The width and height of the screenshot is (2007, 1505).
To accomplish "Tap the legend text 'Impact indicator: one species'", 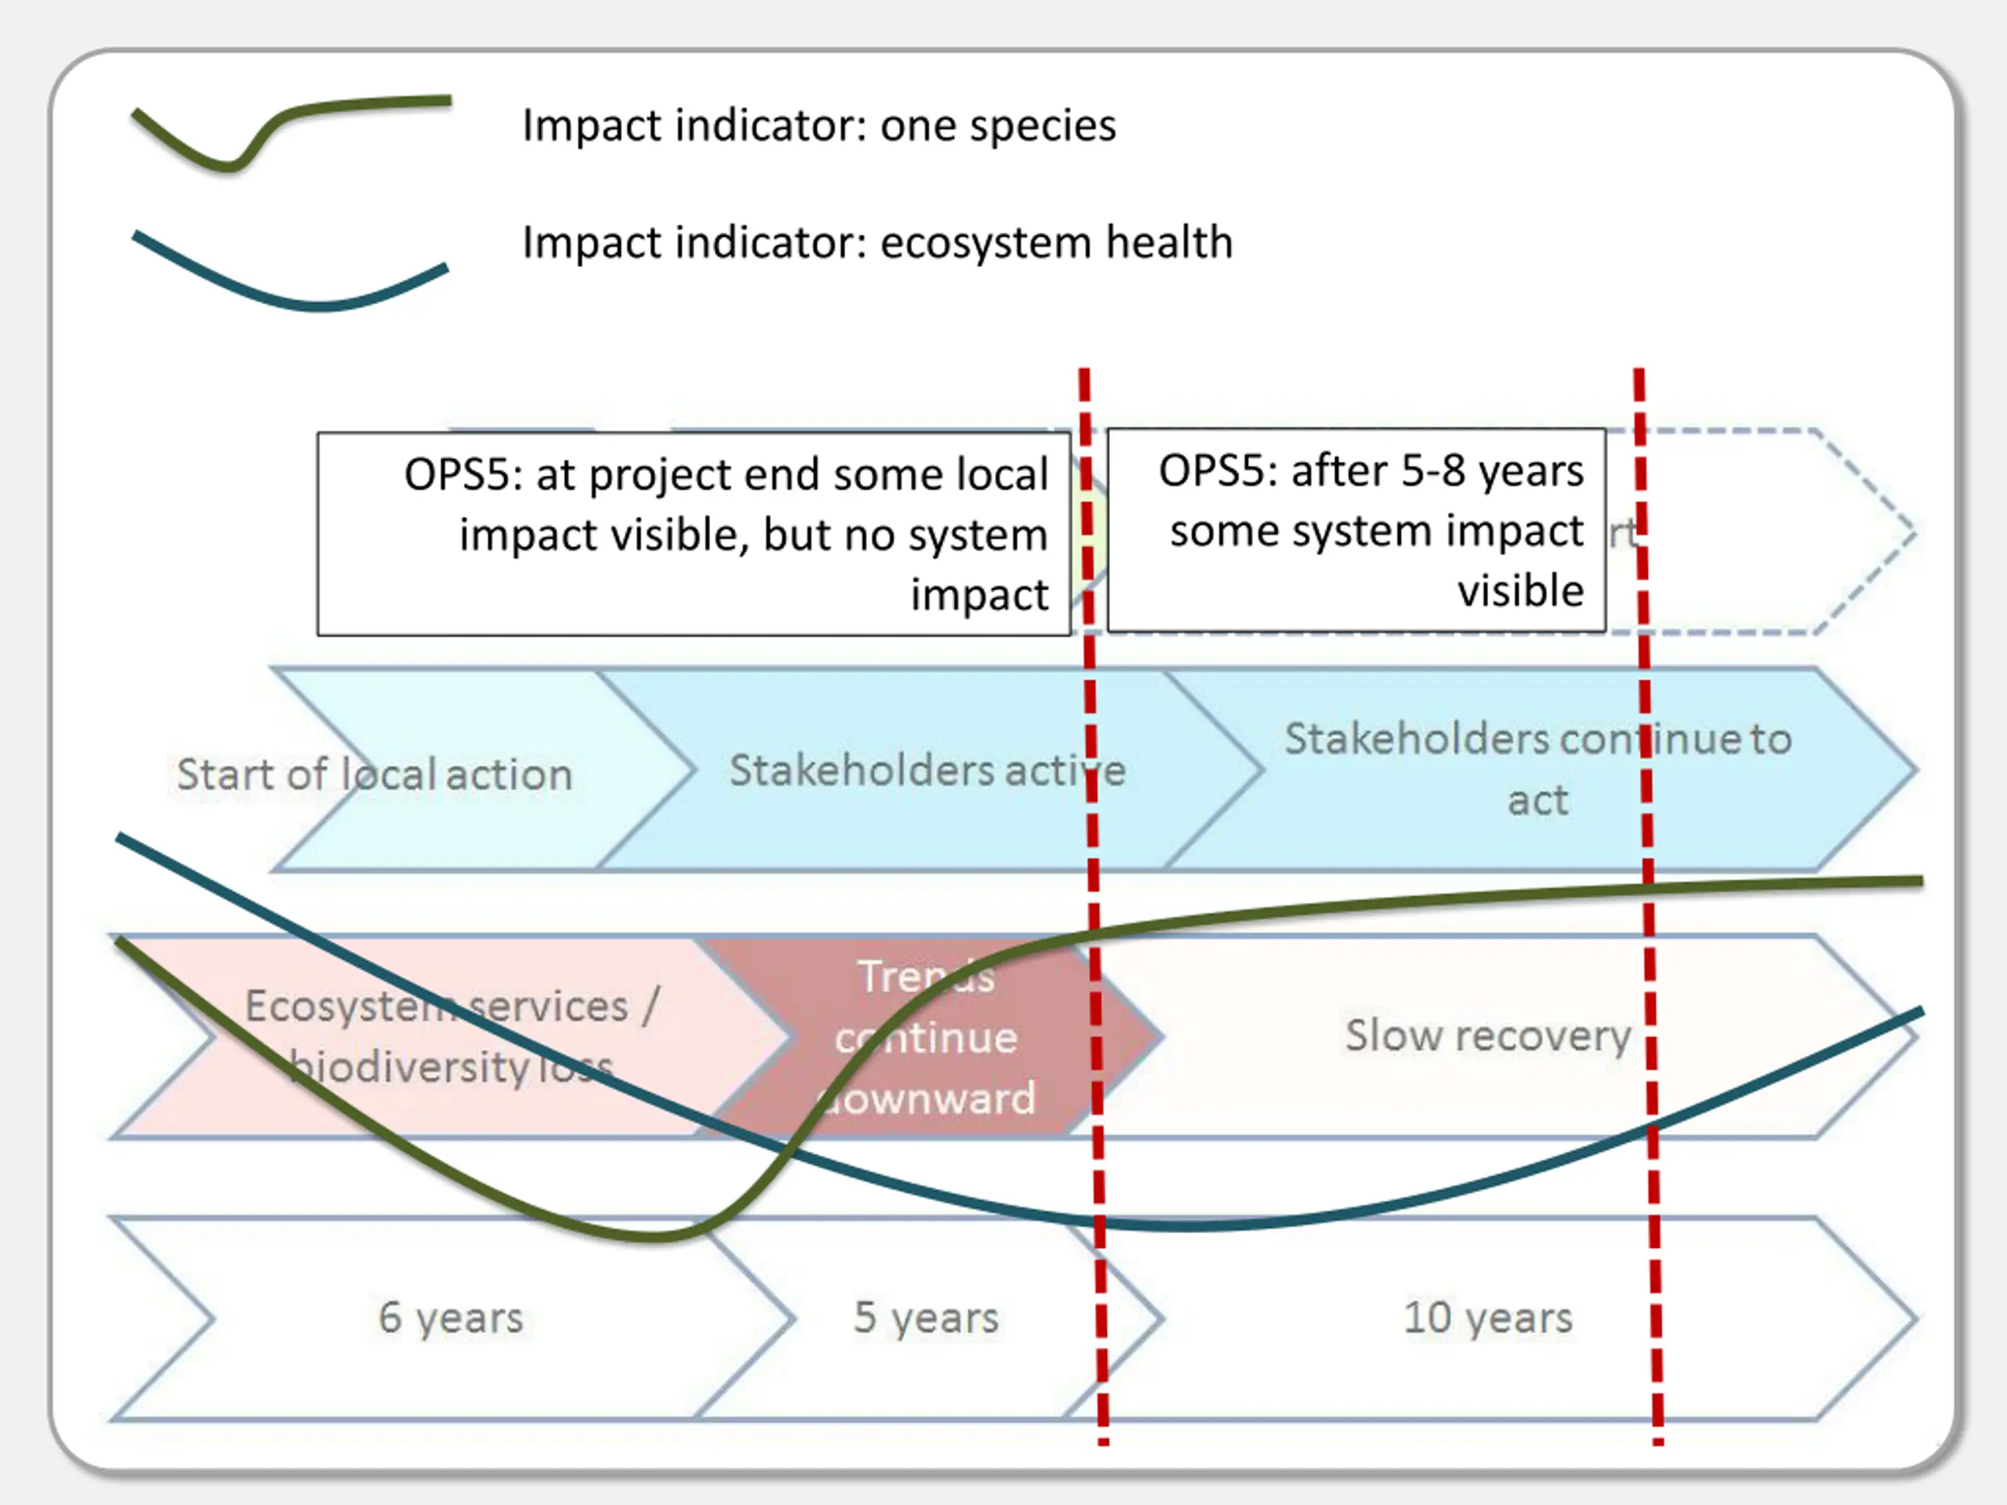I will click(818, 125).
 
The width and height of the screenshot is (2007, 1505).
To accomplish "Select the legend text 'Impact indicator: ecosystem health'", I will click(876, 242).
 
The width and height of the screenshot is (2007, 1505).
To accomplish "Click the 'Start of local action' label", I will click(375, 774).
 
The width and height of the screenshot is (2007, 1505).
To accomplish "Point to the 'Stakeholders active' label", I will click(927, 771).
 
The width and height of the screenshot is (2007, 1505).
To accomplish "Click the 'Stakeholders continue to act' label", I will click(1537, 768).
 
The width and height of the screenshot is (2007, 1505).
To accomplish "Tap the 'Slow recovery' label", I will click(1487, 1035).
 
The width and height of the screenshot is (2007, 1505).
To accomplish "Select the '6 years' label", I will click(451, 1317).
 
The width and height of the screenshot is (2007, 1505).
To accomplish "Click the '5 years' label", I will click(925, 1317).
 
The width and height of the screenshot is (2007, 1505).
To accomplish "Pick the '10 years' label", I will click(1487, 1317).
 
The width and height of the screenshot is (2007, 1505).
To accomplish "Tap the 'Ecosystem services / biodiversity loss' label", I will click(451, 1036).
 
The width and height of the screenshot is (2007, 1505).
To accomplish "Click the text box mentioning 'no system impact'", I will click(694, 534).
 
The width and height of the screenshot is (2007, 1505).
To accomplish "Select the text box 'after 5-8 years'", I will click(1356, 531).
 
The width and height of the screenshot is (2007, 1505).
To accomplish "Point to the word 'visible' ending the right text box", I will click(1521, 590).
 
